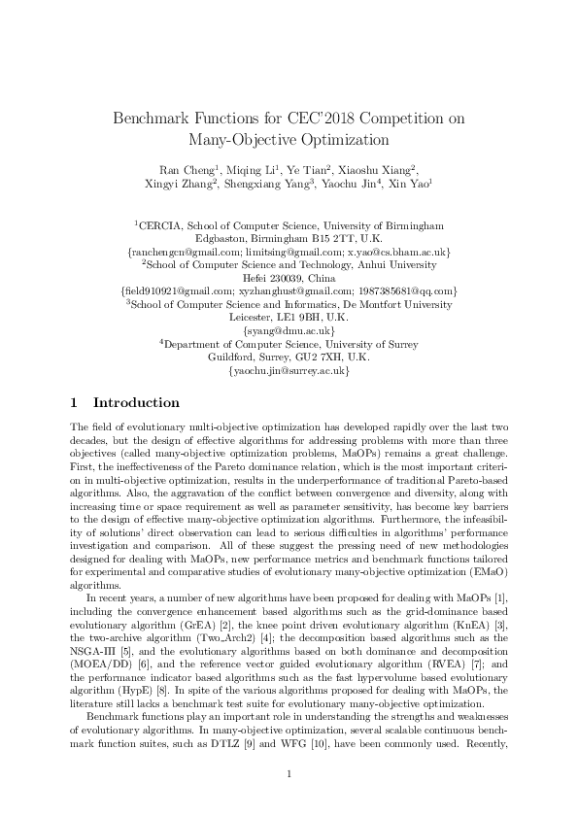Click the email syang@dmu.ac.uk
tap(288, 330)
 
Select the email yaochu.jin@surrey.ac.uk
tap(288, 371)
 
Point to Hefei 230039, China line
tap(288, 276)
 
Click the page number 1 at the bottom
tap(289, 773)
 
